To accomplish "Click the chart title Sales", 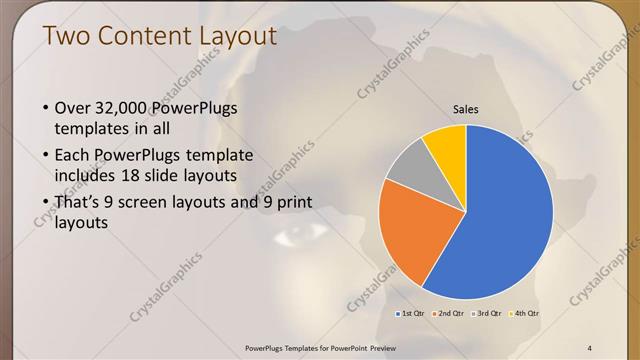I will pyautogui.click(x=466, y=109).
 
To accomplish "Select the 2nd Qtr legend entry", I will pyautogui.click(x=450, y=314).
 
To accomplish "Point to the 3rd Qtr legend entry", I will pyautogui.click(x=487, y=314).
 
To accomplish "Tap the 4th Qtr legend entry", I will pyautogui.click(x=525, y=314).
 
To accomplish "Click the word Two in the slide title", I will pyautogui.click(x=67, y=38).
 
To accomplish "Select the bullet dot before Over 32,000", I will pyautogui.click(x=45, y=108).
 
